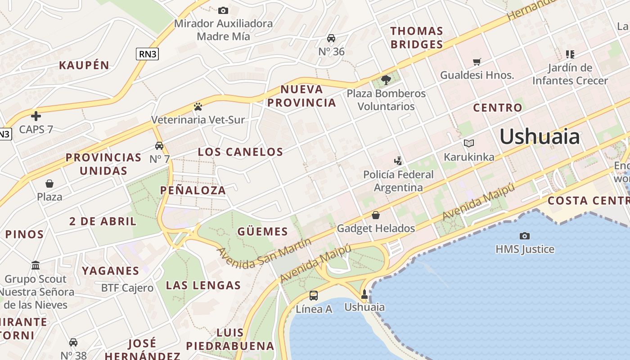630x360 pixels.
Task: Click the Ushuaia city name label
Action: click(540, 136)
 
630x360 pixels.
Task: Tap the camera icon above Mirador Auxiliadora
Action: click(223, 10)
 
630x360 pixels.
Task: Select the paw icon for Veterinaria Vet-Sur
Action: click(198, 107)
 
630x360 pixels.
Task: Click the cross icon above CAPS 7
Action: click(36, 116)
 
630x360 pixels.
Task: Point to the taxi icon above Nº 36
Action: click(331, 38)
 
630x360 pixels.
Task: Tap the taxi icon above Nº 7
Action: click(159, 146)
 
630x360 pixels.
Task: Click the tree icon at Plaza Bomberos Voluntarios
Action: click(386, 80)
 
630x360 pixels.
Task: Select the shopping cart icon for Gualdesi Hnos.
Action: click(477, 62)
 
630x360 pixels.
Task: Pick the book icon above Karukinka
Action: click(469, 144)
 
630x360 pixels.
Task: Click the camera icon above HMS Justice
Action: click(524, 236)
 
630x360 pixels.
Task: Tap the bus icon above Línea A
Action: click(314, 296)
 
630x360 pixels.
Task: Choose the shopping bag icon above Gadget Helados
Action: click(376, 215)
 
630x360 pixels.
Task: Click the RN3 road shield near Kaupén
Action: click(148, 54)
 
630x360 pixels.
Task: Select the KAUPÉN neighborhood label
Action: click(84, 65)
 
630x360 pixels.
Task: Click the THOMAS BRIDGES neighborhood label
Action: click(417, 38)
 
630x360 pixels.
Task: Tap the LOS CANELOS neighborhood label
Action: click(240, 152)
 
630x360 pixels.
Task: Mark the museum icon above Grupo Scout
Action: click(36, 265)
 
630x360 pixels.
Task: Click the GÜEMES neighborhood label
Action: click(262, 232)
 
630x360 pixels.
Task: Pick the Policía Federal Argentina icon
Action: click(398, 161)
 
